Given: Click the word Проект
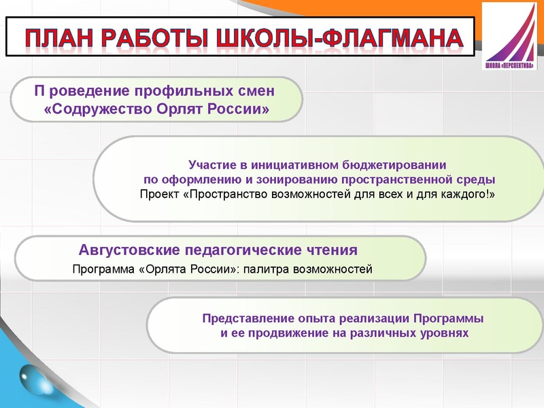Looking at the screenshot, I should (x=159, y=194).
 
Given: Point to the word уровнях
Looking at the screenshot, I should (x=441, y=334).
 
